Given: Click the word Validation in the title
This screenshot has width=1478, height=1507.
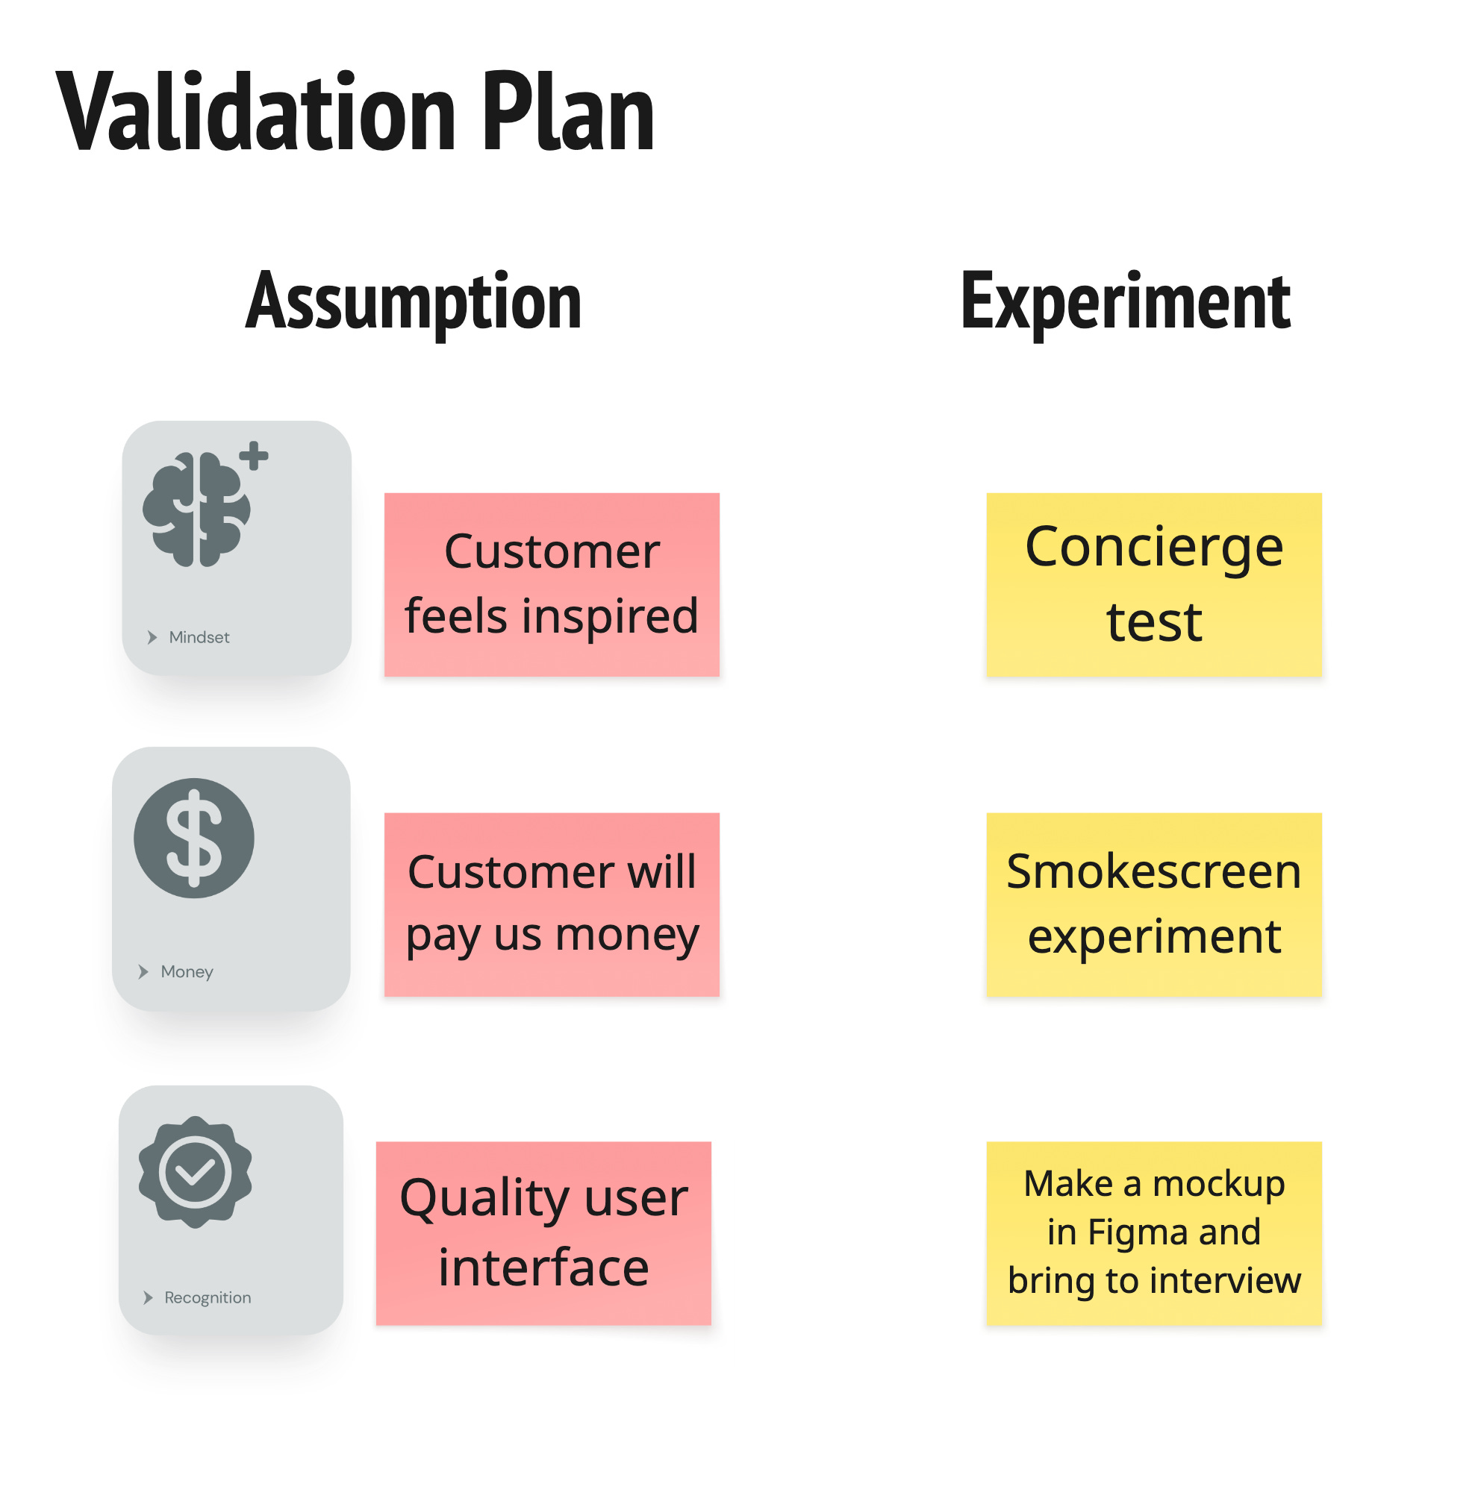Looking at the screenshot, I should [x=256, y=113].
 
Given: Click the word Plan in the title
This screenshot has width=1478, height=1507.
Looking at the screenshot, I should [x=568, y=113].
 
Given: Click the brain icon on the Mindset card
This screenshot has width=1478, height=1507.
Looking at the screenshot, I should [x=196, y=509].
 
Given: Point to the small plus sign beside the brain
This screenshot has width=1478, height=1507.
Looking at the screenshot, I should [x=254, y=456].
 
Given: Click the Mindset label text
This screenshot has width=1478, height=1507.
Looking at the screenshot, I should [x=199, y=637].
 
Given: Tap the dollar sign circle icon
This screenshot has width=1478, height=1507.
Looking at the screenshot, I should [x=194, y=838].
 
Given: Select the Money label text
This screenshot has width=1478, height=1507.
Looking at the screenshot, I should [x=187, y=971].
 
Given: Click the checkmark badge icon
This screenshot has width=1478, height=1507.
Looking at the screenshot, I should [x=195, y=1172].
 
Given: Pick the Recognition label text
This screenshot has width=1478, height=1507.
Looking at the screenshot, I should [x=208, y=1297].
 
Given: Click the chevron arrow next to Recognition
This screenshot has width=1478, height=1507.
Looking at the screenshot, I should [x=149, y=1297].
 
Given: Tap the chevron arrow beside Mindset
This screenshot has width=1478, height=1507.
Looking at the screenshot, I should [x=152, y=637].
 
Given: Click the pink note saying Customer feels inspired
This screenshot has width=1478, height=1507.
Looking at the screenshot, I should [x=552, y=584].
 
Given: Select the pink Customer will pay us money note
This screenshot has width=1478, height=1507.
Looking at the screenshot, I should [x=552, y=904].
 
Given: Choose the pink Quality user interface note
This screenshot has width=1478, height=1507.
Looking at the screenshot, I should [x=543, y=1233].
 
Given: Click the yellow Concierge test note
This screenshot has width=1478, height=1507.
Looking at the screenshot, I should [x=1153, y=584].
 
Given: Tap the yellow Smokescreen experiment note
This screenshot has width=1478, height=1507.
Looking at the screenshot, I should [x=1153, y=904].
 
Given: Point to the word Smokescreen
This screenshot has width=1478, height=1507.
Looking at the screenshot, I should [x=1153, y=871].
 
